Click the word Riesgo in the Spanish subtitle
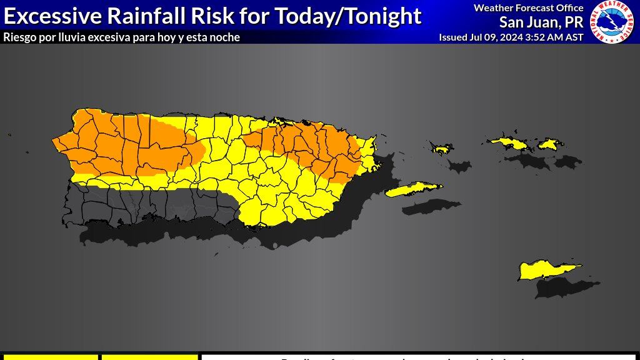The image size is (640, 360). click(x=19, y=37)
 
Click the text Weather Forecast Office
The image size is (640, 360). click(x=528, y=8)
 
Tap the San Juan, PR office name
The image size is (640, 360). click(x=541, y=22)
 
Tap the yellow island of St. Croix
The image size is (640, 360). click(x=547, y=271)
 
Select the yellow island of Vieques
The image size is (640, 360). click(x=412, y=189)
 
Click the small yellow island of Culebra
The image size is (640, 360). click(x=442, y=149)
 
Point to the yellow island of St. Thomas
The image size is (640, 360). click(x=510, y=143)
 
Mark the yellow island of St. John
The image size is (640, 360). click(x=548, y=144)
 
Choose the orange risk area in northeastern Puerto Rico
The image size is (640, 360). click(x=306, y=147)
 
